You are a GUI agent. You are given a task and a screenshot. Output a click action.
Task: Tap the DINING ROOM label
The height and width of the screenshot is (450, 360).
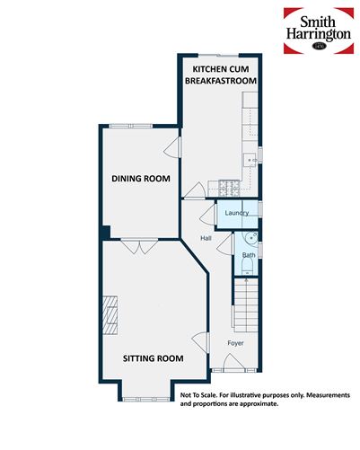click(x=141, y=179)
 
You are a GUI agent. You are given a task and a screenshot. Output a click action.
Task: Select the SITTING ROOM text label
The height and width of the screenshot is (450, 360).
click(x=153, y=358)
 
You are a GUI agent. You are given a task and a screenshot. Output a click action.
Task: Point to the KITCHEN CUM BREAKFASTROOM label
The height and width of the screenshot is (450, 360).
click(x=221, y=75)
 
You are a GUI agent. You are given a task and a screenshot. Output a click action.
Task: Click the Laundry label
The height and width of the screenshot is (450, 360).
click(x=237, y=213)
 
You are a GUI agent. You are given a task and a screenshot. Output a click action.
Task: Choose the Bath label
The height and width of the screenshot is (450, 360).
click(x=248, y=256)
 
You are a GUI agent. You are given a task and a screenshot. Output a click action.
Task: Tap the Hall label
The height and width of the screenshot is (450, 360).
click(x=206, y=238)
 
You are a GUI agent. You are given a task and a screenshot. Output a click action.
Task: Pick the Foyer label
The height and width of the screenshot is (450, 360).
click(x=235, y=343)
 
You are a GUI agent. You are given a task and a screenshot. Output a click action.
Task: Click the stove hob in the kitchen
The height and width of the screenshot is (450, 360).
click(x=224, y=188)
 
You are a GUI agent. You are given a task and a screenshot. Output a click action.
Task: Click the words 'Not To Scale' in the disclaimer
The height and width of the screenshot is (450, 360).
click(x=203, y=395)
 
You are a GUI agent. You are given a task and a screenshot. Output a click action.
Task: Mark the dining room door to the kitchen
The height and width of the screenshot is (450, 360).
click(x=175, y=148)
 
